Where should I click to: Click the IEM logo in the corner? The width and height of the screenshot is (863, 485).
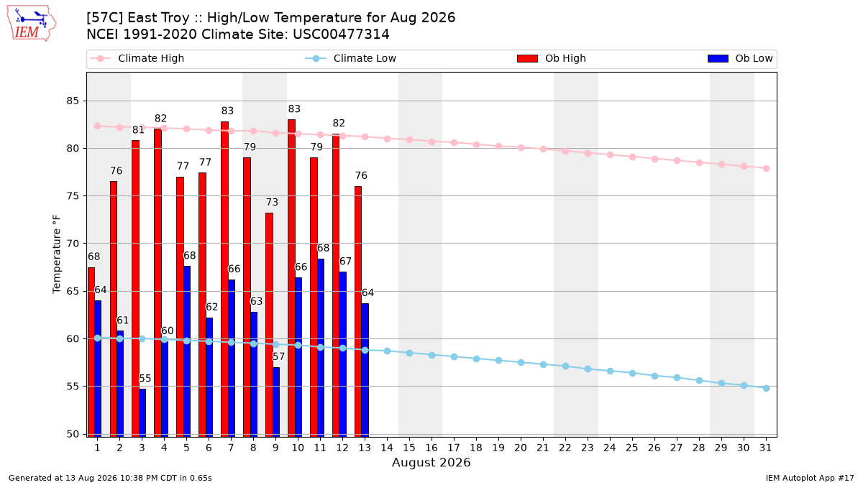tap(32, 24)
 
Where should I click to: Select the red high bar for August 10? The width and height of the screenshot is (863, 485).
tap(292, 278)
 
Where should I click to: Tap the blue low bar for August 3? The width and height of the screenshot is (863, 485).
tap(142, 413)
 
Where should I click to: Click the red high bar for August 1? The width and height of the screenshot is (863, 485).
tap(91, 352)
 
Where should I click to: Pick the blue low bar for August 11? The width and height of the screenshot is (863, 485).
tap(321, 348)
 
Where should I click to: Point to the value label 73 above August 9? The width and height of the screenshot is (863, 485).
tap(272, 202)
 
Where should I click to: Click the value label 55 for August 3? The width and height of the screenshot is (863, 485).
tap(145, 379)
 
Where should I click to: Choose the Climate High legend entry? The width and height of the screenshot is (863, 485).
tap(137, 58)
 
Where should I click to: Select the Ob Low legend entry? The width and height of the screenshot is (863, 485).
tap(740, 58)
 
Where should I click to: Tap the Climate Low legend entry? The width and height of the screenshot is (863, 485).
tap(350, 58)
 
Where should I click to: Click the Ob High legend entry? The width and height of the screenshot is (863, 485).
tap(552, 58)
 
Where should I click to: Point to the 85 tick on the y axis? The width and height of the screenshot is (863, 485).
tap(73, 101)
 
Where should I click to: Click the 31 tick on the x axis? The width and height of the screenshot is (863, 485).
tap(765, 448)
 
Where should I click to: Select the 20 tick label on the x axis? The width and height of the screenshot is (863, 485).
tap(521, 448)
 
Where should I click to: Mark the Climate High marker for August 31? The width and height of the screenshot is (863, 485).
tap(766, 169)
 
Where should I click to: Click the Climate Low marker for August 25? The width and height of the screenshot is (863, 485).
tap(632, 374)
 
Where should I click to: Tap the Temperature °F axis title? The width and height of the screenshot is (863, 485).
tap(57, 254)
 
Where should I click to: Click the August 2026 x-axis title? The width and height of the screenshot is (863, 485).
tap(431, 463)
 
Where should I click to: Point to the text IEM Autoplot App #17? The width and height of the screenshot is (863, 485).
tap(810, 478)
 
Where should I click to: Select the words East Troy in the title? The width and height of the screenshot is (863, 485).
tap(158, 18)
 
